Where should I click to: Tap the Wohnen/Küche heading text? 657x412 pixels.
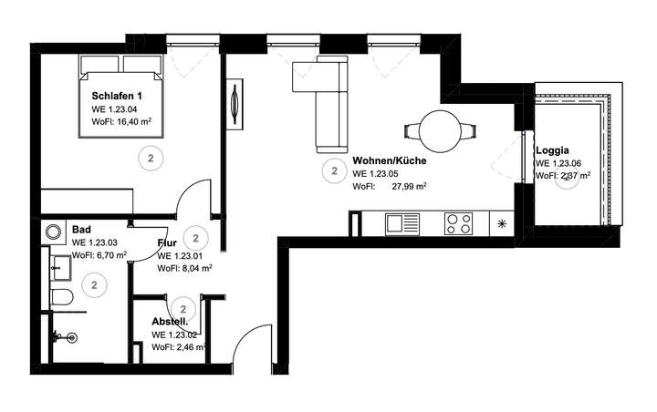(x=390, y=160)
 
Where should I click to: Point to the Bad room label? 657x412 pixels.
(x=81, y=231)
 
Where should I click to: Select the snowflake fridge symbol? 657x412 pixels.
(x=500, y=223)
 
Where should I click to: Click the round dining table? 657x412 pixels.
(x=440, y=130)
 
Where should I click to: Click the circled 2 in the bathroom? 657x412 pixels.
(x=94, y=285)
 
